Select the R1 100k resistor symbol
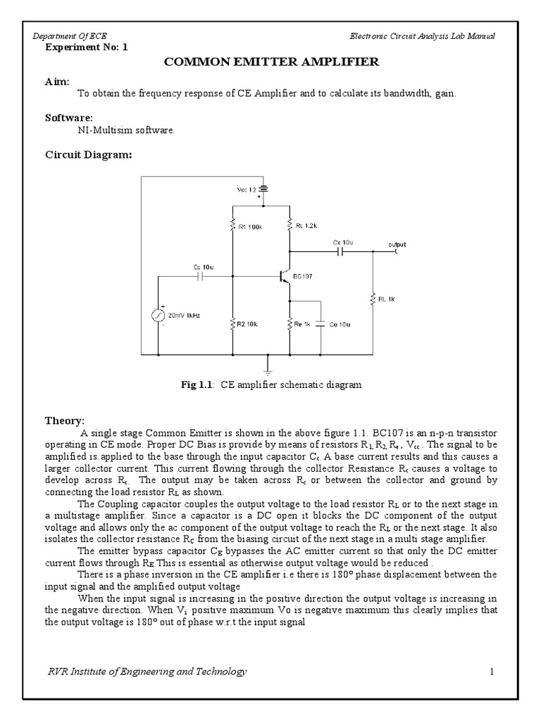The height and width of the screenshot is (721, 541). (x=233, y=226)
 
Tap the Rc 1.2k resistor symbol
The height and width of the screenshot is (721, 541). (x=290, y=226)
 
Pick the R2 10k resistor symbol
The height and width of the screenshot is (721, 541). (x=233, y=325)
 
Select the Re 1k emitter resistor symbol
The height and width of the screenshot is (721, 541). (x=290, y=325)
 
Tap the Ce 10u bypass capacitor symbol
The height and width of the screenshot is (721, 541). (x=321, y=325)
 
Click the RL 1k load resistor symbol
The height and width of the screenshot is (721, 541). (x=374, y=299)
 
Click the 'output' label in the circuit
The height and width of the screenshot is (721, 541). (x=397, y=244)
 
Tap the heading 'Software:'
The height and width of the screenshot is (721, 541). (x=68, y=118)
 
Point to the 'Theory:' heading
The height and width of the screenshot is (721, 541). (x=65, y=420)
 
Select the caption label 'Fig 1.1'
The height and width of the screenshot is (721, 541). (x=198, y=385)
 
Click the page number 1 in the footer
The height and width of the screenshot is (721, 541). (x=492, y=672)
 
